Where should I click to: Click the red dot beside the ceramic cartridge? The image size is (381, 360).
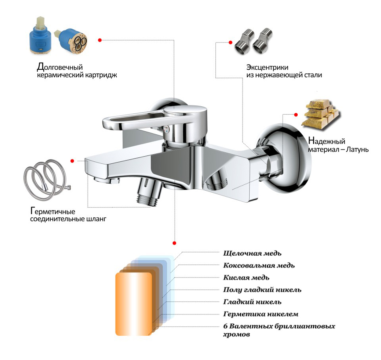point(100,40)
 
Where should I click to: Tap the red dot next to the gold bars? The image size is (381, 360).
point(296,114)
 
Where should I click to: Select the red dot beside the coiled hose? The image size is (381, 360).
point(72,161)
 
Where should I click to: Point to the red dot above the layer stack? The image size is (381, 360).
point(174,243)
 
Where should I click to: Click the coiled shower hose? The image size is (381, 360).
point(47,177)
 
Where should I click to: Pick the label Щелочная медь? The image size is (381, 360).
point(252,253)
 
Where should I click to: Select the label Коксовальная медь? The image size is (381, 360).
point(259,265)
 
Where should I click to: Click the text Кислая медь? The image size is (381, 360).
point(246,277)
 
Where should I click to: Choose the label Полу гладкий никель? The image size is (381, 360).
point(262,290)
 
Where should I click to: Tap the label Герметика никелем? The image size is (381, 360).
point(261,314)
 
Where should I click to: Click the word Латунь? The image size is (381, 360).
point(357,150)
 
